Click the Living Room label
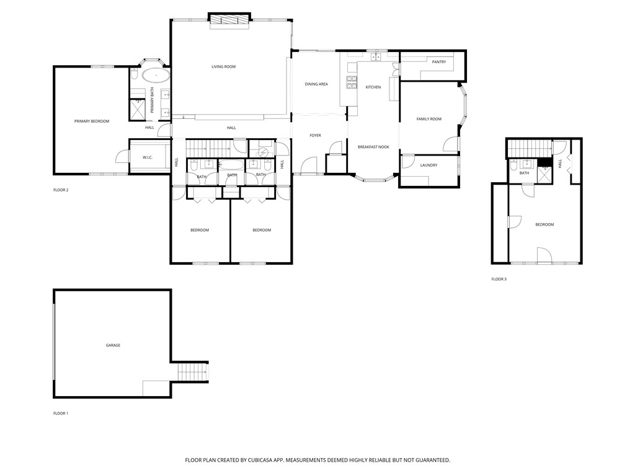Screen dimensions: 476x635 point(223,67)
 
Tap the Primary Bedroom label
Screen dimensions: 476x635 point(92,121)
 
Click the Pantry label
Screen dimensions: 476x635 point(439,62)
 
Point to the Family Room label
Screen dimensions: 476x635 point(429,119)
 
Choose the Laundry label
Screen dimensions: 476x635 point(429,165)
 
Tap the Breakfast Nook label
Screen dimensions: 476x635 point(373,147)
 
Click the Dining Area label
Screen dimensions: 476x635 point(316,84)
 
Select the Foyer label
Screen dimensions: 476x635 point(315,135)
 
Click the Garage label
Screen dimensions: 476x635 point(113,345)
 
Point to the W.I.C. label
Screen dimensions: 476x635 point(148,157)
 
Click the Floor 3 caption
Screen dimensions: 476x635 point(499,280)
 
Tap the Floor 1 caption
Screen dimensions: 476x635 point(61,413)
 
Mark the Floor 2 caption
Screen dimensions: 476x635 point(61,190)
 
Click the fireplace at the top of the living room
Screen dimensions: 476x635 point(229,21)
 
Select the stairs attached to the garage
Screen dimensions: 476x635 point(193,372)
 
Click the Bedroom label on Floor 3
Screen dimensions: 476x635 point(544,224)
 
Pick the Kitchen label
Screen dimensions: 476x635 point(373,87)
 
